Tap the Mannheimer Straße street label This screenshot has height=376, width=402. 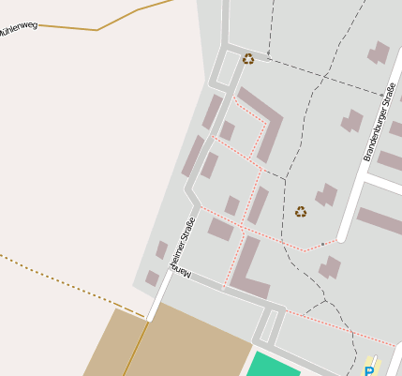(182, 248)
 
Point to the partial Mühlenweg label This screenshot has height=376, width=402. (19, 25)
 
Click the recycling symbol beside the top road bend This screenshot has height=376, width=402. (247, 59)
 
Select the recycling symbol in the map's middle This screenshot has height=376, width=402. (301, 212)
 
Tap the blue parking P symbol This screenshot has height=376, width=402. (369, 369)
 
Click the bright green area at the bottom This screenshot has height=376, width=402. (273, 365)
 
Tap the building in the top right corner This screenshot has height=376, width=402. (380, 53)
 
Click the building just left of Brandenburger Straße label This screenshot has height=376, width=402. (352, 121)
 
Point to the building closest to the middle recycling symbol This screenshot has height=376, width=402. (326, 195)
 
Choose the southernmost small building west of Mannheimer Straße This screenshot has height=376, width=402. (152, 278)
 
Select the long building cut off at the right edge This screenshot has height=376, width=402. (380, 220)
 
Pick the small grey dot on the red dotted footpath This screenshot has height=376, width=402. (322, 244)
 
